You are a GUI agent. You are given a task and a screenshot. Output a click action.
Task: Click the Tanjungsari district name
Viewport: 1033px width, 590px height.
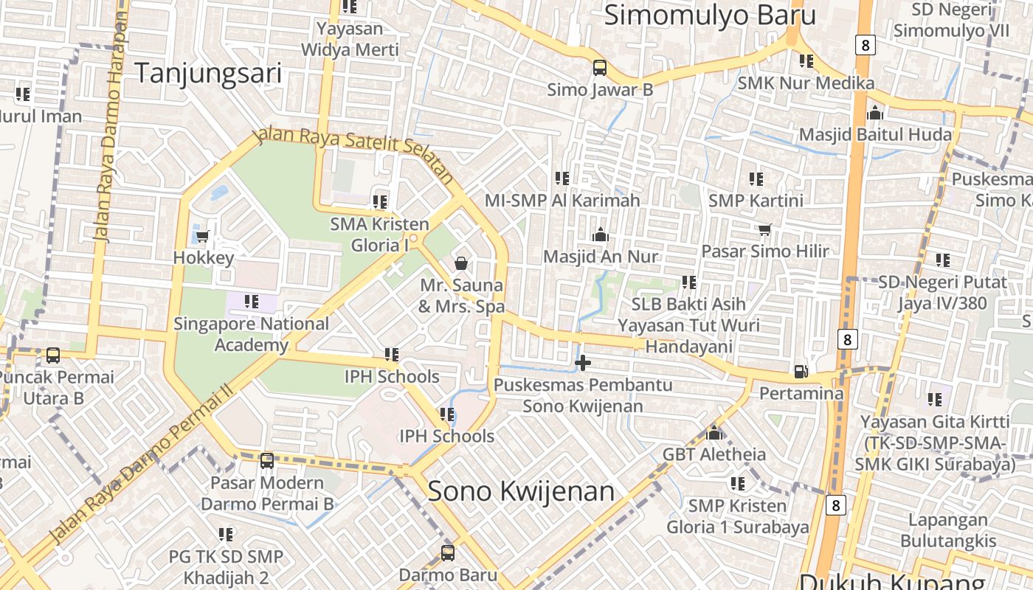click(x=208, y=73)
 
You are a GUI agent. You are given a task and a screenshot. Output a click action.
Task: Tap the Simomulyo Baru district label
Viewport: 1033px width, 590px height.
click(x=710, y=15)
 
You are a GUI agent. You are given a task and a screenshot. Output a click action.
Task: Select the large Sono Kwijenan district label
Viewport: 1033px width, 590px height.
click(x=521, y=491)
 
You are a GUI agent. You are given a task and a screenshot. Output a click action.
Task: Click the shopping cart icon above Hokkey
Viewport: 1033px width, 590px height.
click(x=203, y=236)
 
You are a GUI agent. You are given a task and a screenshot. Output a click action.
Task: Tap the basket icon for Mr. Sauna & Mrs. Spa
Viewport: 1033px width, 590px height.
click(x=461, y=263)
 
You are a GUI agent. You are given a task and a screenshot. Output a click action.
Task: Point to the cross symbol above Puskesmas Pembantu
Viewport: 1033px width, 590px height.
click(x=583, y=362)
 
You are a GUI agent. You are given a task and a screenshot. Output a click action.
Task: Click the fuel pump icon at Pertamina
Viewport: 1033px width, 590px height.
click(x=801, y=371)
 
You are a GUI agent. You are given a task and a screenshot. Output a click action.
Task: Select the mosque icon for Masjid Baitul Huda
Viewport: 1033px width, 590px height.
click(x=875, y=113)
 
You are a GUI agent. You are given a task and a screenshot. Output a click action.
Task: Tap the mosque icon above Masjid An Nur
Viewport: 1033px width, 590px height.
click(x=600, y=235)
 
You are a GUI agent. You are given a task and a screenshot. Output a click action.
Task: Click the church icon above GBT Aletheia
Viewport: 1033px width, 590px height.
click(x=714, y=432)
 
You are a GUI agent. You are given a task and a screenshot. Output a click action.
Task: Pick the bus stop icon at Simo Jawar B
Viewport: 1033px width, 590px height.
click(x=600, y=68)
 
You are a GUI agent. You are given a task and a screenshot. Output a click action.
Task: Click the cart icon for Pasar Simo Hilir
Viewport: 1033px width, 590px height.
click(x=764, y=229)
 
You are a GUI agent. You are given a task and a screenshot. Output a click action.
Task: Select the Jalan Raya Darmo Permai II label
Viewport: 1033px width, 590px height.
click(x=140, y=465)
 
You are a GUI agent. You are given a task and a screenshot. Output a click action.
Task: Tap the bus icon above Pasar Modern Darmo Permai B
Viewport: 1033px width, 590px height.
click(x=267, y=461)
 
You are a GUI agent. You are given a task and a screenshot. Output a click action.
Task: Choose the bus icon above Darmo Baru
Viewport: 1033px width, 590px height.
click(x=447, y=552)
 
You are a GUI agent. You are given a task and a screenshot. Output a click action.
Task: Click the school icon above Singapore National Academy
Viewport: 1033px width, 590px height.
click(x=252, y=302)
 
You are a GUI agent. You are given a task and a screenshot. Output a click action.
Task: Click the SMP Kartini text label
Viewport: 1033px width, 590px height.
click(x=756, y=200)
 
